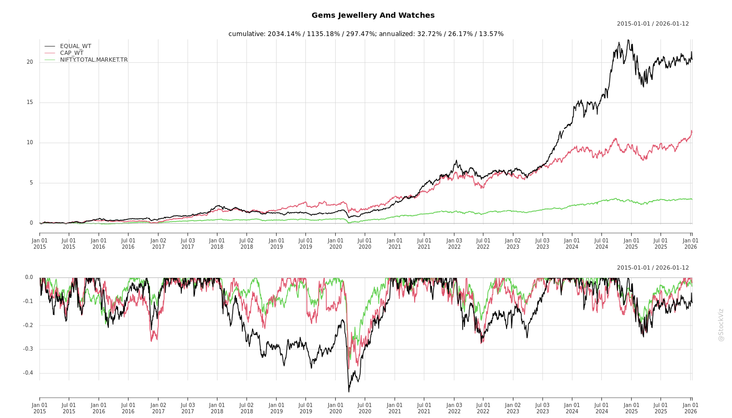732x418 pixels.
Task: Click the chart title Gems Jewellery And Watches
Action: tap(373, 16)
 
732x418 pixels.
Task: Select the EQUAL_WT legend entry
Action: tap(75, 47)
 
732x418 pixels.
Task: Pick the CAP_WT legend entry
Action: tap(72, 53)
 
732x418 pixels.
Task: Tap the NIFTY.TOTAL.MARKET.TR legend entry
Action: tap(94, 60)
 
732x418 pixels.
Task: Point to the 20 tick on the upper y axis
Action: tap(30, 62)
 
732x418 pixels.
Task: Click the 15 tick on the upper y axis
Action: tap(30, 102)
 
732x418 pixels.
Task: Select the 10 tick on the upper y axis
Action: tap(30, 143)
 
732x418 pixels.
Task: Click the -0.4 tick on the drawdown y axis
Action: tap(28, 373)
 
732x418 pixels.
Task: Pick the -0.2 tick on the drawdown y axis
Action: tap(28, 326)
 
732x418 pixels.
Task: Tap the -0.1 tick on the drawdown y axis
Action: tap(28, 301)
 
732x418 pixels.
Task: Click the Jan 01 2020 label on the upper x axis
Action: tap(336, 243)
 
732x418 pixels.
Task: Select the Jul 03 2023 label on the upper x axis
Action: tap(543, 243)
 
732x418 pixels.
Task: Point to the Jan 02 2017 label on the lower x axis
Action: tap(158, 408)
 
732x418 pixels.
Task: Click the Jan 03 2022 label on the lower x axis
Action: tap(454, 408)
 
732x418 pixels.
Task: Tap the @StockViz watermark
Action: tap(721, 324)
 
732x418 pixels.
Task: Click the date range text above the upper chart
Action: tap(653, 24)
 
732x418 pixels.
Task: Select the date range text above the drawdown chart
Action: tap(653, 268)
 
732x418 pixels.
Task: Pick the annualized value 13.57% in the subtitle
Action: tap(491, 34)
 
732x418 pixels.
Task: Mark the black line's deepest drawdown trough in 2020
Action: tap(349, 391)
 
